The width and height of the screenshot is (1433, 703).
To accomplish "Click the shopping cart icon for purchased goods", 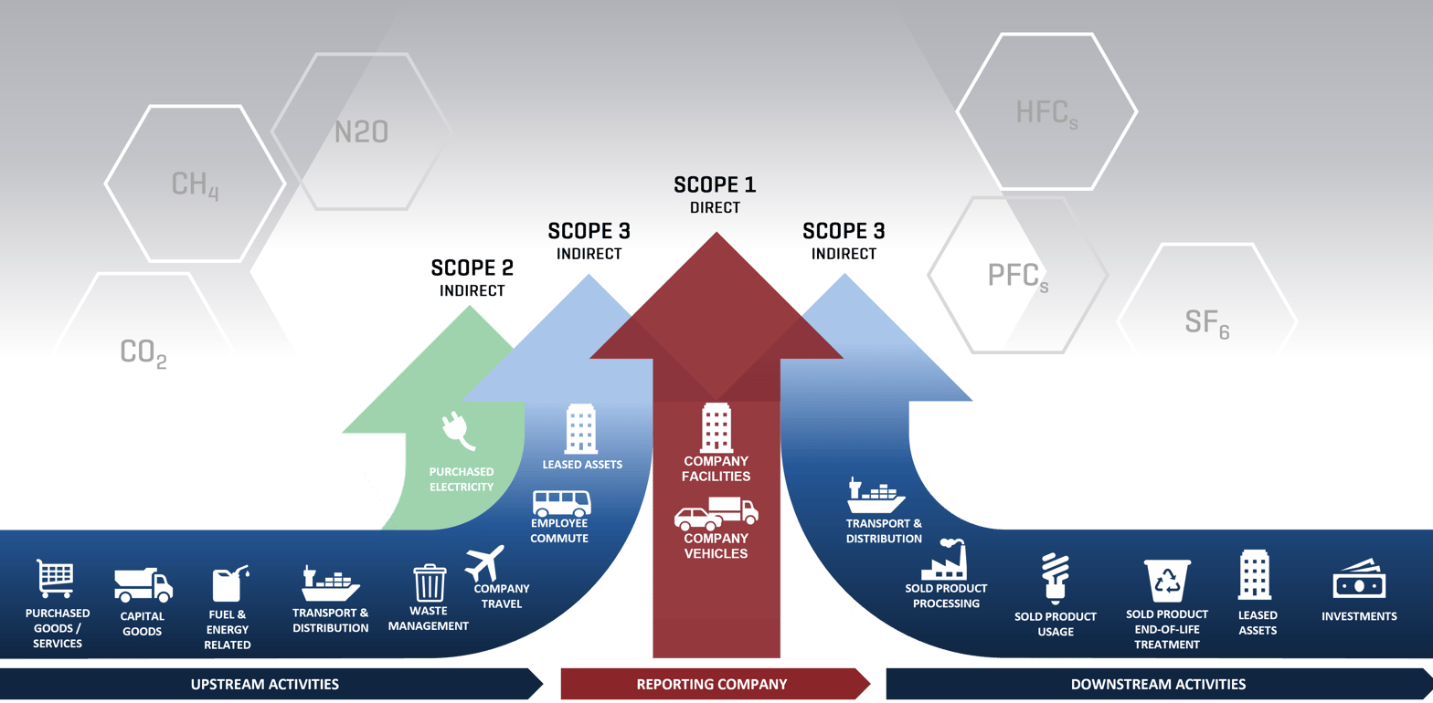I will [56, 579].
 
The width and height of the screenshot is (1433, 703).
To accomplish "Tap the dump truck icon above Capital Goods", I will [143, 584].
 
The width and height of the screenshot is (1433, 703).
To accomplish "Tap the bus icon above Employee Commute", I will [561, 503].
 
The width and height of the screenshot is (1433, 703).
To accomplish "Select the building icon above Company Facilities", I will [716, 427].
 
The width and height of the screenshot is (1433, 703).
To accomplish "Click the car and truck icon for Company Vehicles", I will [716, 514].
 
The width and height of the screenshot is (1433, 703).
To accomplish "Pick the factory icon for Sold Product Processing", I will [944, 558].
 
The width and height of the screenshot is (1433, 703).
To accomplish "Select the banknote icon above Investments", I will [1359, 581].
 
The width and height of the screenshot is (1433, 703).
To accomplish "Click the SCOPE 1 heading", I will [715, 184].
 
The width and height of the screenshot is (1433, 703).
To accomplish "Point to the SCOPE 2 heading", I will [472, 268].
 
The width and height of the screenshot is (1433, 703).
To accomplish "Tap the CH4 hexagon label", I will [195, 184].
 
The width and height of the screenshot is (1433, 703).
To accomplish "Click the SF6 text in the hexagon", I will [1206, 321].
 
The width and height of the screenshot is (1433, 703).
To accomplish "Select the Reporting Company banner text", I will [711, 684].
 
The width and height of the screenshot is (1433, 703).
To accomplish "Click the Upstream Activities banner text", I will [264, 684].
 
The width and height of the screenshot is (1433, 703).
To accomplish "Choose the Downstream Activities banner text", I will [1157, 684].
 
